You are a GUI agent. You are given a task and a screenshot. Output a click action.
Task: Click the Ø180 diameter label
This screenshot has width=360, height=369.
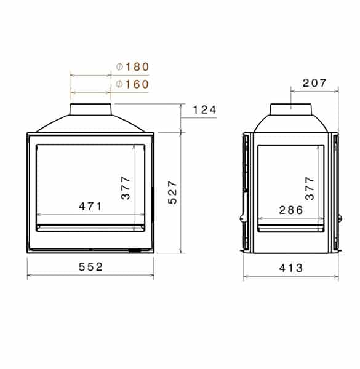(132, 67)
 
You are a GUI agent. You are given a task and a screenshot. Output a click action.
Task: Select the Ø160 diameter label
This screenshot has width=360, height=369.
(132, 84)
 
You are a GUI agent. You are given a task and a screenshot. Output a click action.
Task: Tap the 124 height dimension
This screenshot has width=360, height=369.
(204, 110)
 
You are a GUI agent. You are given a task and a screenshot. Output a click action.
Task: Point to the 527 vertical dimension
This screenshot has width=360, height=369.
(172, 192)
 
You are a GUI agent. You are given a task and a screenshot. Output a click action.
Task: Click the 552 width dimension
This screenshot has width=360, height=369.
(90, 267)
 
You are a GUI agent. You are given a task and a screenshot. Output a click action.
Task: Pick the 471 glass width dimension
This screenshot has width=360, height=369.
(90, 206)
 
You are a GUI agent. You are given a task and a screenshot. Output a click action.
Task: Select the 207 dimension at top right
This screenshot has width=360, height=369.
(314, 83)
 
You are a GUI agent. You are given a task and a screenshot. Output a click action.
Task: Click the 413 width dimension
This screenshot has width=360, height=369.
(291, 268)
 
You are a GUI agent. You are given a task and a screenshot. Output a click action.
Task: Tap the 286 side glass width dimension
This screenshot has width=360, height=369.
(291, 210)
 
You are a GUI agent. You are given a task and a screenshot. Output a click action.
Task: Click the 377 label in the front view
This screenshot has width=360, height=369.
(126, 188)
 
